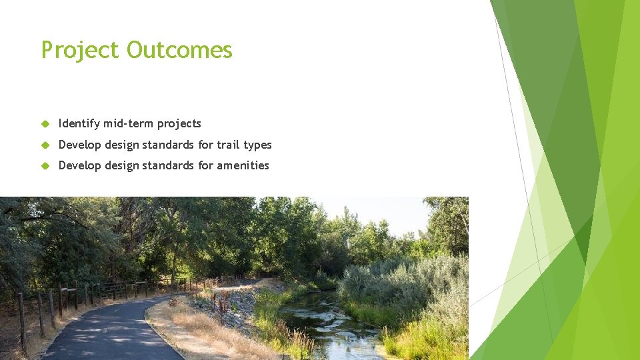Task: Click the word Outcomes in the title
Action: (179, 50)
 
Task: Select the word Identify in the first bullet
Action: (79, 124)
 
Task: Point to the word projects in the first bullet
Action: (179, 124)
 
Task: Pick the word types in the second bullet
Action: (257, 145)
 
